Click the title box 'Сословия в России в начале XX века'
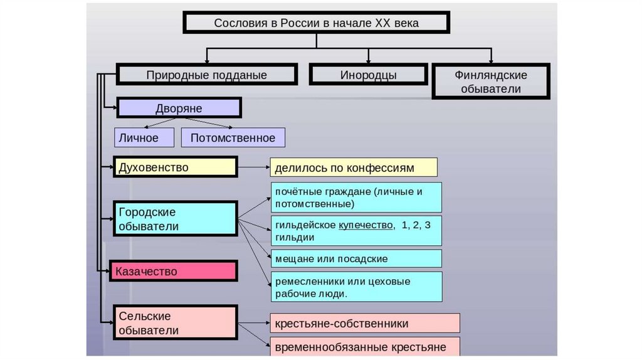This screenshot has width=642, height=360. coord(316,23)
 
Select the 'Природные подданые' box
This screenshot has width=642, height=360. coord(206,75)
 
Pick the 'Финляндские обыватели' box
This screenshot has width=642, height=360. coord(490,82)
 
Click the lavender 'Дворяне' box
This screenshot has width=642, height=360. coord(179,108)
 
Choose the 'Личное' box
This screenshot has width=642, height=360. coord(144,137)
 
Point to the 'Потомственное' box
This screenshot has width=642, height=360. coord(233,137)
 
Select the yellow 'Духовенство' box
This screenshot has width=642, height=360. coord(175,167)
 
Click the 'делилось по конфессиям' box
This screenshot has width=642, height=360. coord(354,167)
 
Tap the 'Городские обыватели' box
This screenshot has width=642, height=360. coord(175,218)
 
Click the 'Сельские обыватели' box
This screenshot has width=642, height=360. coord(175,322)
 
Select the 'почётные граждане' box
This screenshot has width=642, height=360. coord(356,198)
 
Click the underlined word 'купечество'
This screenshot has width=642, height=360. coord(366,225)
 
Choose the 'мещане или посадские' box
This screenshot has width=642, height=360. coord(356,258)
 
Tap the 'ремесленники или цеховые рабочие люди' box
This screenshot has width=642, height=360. coord(356,287)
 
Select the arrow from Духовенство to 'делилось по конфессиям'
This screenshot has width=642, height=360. coord(253,167)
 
